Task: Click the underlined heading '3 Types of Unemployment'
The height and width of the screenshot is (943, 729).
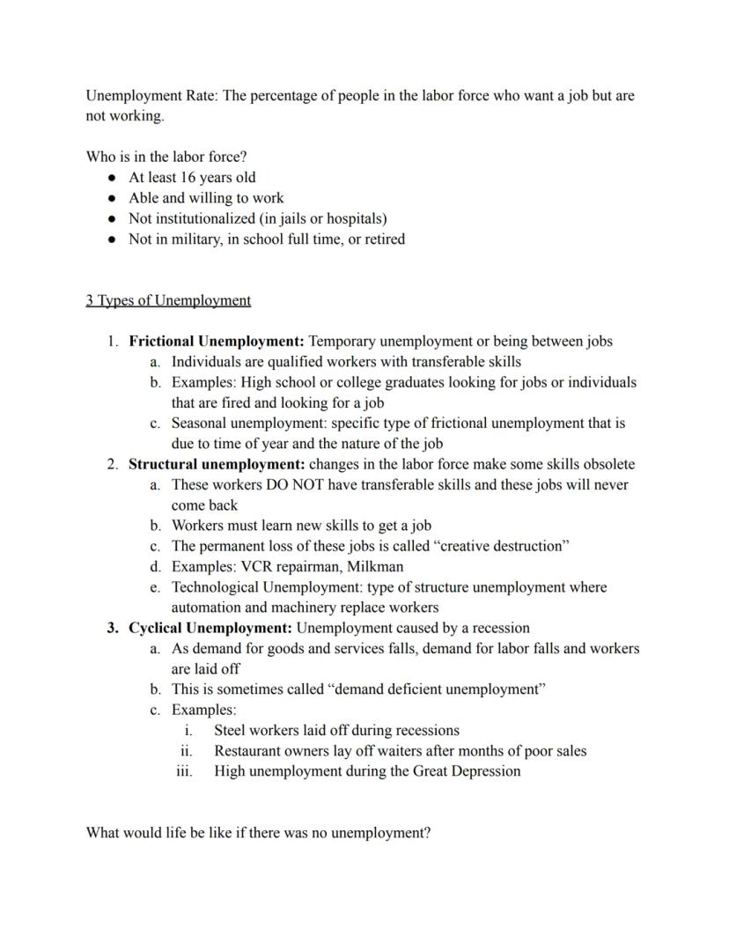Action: (168, 300)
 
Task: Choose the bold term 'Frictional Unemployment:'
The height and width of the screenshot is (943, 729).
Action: (217, 341)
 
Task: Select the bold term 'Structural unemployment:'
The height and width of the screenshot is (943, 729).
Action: (217, 464)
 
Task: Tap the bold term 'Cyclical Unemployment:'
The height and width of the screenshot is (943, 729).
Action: (210, 628)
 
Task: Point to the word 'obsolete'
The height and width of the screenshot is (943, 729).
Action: (607, 464)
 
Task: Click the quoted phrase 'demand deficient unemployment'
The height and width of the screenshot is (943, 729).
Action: (436, 689)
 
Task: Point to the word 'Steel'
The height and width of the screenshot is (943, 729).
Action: (231, 730)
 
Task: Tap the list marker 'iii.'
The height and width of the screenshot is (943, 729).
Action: (185, 771)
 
